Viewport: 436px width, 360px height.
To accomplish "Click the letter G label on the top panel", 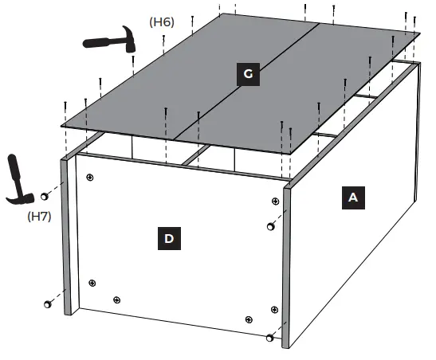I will (248, 74).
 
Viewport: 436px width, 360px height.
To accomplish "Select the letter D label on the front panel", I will (168, 237).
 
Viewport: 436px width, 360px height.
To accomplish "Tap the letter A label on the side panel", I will (352, 198).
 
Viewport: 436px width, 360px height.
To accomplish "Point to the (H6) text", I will (162, 22).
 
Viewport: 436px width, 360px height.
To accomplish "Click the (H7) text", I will (39, 216).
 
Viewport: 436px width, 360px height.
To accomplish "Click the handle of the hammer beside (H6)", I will (100, 41).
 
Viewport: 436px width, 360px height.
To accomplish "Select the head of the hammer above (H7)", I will (22, 194).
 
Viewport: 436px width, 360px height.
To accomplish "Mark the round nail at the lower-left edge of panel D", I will (48, 303).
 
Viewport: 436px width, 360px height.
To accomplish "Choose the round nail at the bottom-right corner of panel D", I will (269, 338).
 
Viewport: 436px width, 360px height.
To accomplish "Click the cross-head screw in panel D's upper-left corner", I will (90, 177).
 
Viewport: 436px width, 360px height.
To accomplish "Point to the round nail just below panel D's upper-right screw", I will (271, 228).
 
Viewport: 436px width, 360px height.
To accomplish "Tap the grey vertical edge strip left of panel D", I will (67, 239).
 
